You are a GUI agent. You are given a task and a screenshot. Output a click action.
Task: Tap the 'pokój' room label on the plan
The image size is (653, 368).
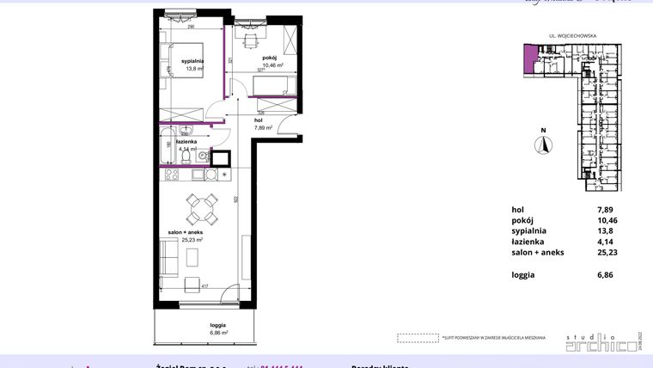(x=270, y=58)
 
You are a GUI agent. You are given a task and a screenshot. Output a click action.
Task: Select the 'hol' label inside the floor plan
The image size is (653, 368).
(x=259, y=120)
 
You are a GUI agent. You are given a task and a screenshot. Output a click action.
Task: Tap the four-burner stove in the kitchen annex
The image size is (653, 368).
(x=171, y=175)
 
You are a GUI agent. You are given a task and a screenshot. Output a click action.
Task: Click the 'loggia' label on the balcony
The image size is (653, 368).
(x=217, y=324)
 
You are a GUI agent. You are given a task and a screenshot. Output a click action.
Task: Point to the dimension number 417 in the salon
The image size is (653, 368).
(x=205, y=285)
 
